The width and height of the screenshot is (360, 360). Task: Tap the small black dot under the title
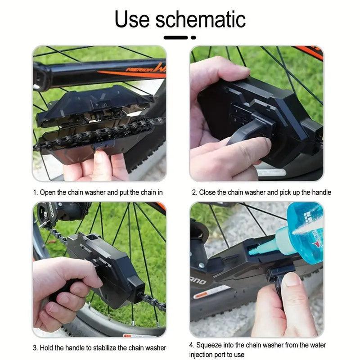[x=193, y=37]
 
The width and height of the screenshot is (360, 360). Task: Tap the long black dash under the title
[x=175, y=37]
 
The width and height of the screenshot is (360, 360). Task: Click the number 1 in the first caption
[x=35, y=192]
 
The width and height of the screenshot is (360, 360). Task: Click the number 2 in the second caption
[x=194, y=192]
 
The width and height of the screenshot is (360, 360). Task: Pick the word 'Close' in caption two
[x=207, y=192]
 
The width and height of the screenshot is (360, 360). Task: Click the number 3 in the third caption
[x=35, y=347]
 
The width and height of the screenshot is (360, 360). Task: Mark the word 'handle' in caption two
[x=320, y=192]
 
